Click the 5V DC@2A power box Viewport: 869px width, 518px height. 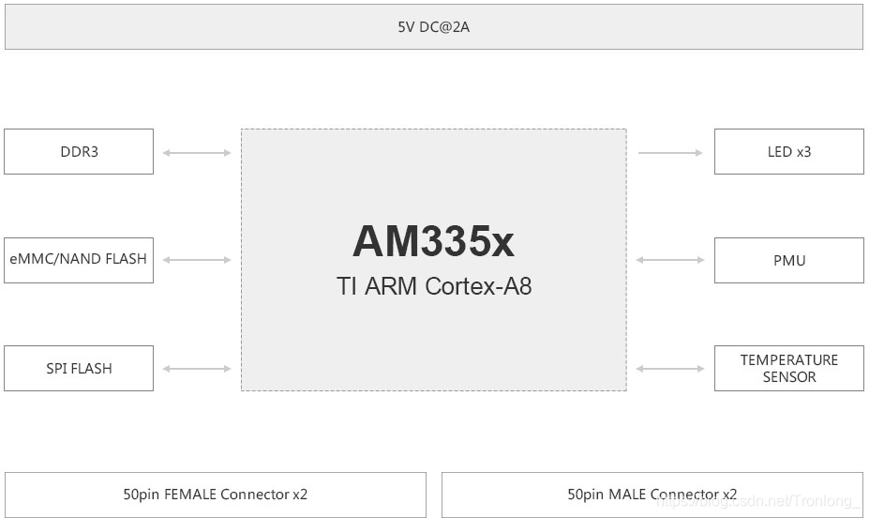[x=433, y=27]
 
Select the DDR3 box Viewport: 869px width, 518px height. [x=79, y=151]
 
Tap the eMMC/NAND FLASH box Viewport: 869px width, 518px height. [x=79, y=260]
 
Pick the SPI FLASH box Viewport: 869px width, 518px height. [x=79, y=369]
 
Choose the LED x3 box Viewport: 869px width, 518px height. [x=788, y=151]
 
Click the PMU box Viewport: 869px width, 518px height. [x=788, y=260]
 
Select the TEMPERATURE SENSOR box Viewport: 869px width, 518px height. [x=788, y=369]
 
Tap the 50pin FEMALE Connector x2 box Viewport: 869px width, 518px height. [x=216, y=495]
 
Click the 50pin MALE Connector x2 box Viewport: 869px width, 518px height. [x=652, y=495]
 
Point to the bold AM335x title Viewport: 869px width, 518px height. [x=433, y=242]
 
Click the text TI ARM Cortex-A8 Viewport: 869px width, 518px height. [x=433, y=286]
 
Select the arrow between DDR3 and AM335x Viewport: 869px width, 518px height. [x=197, y=152]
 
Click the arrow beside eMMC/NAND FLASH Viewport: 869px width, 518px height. [x=197, y=260]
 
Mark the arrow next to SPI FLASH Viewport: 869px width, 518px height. [x=197, y=369]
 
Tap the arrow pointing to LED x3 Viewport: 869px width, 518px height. [x=670, y=152]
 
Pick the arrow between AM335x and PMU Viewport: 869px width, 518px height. [x=670, y=260]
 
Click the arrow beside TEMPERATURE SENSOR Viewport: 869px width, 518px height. [x=670, y=369]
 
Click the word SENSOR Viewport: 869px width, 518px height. [x=788, y=377]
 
